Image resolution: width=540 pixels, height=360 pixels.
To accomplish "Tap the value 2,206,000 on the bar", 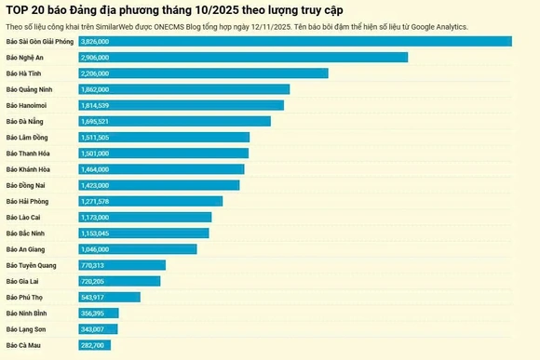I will [95, 73].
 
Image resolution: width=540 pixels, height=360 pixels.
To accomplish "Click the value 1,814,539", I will [95, 105].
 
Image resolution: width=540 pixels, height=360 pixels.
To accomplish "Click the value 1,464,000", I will [95, 169].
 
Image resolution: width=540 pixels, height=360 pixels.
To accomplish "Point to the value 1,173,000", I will [95, 217].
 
